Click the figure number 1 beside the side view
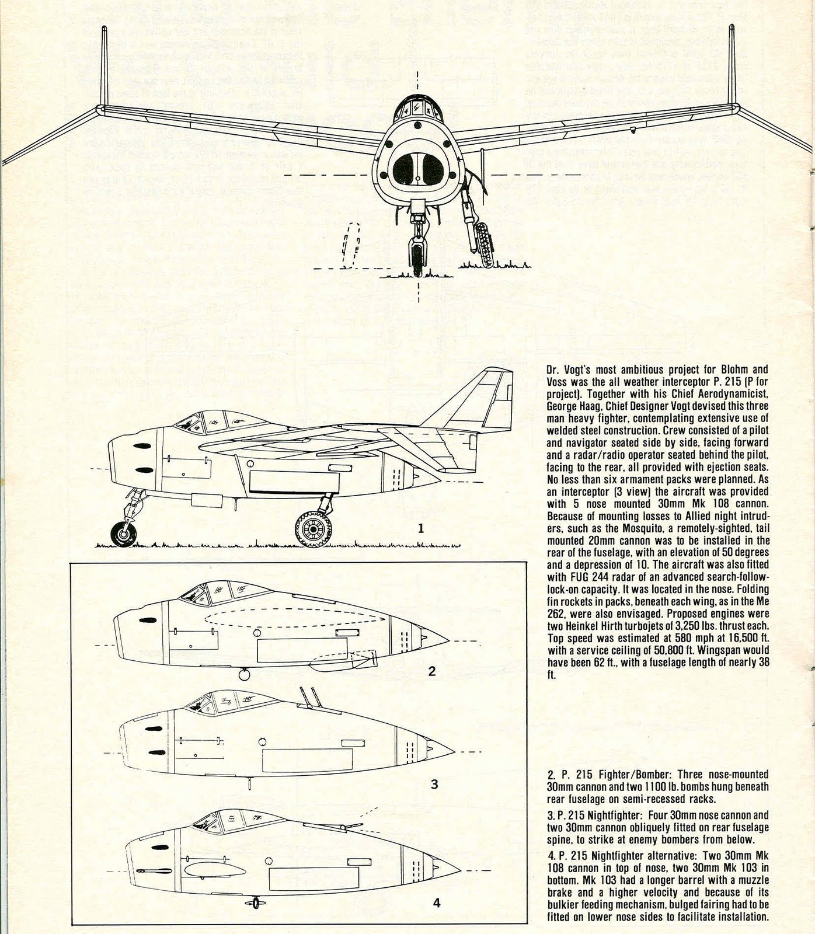(420, 529)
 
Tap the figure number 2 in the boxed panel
(431, 671)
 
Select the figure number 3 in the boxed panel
(434, 784)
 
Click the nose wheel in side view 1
(123, 533)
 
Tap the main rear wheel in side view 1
(312, 529)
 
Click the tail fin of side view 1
(479, 403)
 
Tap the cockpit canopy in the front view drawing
(417, 108)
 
